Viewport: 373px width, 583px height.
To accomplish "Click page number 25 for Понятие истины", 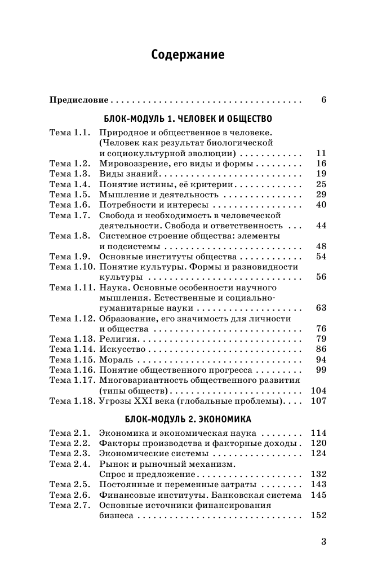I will pyautogui.click(x=321, y=184).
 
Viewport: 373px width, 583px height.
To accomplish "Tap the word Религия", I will pyautogui.click(x=118, y=339).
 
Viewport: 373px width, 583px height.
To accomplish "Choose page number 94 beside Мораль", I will pyautogui.click(x=321, y=360).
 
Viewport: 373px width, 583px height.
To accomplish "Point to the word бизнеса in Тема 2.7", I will pyautogui.click(x=116, y=515).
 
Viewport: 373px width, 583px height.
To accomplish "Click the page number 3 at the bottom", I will pyautogui.click(x=323, y=542).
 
